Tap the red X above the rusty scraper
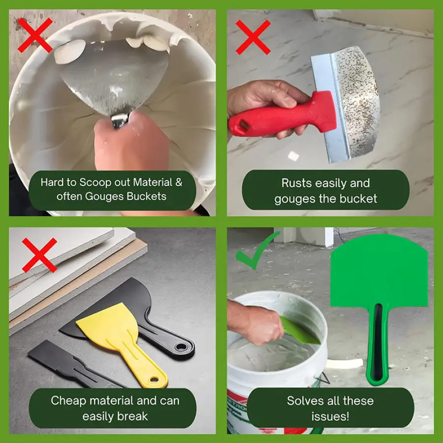253,37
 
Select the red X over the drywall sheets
39,255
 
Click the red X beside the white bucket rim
35,35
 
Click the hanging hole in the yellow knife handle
154,379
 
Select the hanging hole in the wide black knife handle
180,347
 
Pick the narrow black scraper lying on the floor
76,364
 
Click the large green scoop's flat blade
379,271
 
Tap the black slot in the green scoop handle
377,342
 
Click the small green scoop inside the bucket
299,331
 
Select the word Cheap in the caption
68,401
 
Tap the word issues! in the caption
330,416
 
